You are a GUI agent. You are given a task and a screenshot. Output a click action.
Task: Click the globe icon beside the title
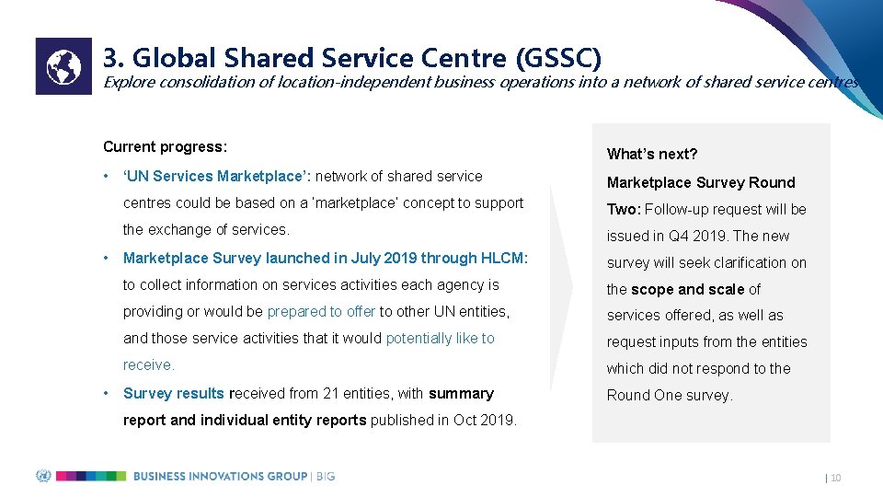point(63,66)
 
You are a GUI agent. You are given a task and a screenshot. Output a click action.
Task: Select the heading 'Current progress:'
point(165,147)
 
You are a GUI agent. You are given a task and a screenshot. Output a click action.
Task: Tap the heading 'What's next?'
point(651,154)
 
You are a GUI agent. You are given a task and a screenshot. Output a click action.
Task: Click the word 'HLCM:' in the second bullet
point(508,259)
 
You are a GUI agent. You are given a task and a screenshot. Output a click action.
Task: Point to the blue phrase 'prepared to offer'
point(321,312)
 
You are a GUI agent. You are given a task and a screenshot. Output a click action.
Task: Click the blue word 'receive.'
point(148,365)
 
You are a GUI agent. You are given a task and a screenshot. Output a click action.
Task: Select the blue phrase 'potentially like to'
point(440,339)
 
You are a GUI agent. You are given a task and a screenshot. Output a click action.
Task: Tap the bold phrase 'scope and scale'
point(687,289)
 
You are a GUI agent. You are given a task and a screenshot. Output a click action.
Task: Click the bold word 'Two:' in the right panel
point(624,209)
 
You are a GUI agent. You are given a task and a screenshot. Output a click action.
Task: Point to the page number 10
point(835,478)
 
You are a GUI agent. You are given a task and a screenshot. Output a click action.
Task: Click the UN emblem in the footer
point(43,476)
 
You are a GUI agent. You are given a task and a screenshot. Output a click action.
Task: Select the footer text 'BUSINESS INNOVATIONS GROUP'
point(220,476)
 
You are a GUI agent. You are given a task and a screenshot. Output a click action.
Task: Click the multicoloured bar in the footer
point(91,476)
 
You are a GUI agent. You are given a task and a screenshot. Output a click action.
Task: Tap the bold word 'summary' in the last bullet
point(461,394)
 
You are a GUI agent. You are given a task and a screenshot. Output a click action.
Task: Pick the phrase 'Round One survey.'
point(669,396)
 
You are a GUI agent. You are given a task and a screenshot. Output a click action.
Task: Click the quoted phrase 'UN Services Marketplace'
point(212,177)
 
